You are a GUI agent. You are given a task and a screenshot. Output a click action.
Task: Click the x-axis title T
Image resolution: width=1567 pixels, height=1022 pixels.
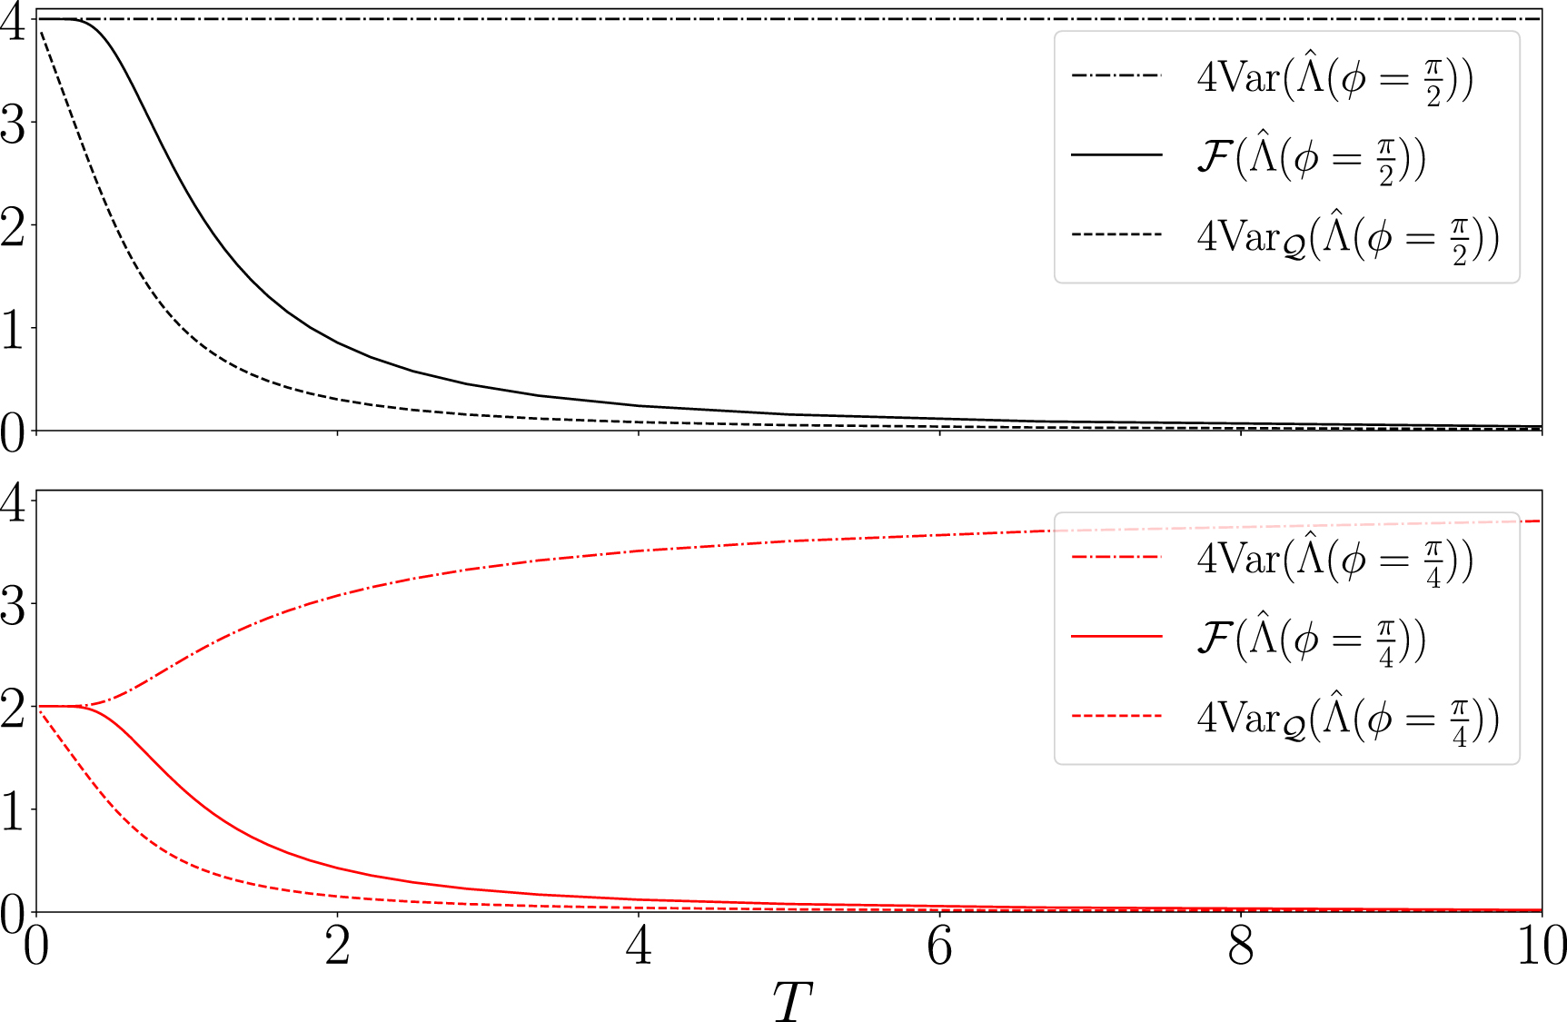pyautogui.click(x=792, y=1001)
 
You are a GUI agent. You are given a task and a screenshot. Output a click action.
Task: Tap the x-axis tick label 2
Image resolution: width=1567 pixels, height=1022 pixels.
pyautogui.click(x=338, y=947)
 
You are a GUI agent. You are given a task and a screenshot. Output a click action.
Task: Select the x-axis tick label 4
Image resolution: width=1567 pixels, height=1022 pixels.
pyautogui.click(x=640, y=947)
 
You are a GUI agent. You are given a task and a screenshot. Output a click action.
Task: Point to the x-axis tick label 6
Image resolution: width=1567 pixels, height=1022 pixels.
pyautogui.click(x=940, y=947)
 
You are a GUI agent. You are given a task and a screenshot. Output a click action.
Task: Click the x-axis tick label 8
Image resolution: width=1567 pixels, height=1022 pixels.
pyautogui.click(x=1241, y=947)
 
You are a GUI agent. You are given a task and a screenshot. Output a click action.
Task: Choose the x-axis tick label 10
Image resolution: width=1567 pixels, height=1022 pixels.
pyautogui.click(x=1541, y=947)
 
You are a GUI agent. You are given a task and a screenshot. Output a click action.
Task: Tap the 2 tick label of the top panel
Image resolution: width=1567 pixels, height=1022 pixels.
pyautogui.click(x=14, y=226)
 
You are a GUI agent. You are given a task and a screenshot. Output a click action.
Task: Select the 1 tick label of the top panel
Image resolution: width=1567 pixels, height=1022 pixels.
pyautogui.click(x=14, y=330)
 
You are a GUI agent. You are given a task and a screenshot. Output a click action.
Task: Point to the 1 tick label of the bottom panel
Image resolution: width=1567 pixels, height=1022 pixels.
pyautogui.click(x=14, y=811)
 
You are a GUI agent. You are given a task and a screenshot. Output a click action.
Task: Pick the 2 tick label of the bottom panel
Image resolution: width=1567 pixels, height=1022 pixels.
pyautogui.click(x=14, y=708)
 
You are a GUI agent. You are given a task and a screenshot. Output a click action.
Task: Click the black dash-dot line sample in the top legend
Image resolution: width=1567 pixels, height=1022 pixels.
pyautogui.click(x=1116, y=75)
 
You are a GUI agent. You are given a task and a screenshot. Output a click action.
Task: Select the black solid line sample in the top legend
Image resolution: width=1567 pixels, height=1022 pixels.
pyautogui.click(x=1116, y=155)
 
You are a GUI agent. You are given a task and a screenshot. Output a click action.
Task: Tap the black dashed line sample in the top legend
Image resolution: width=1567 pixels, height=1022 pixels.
pyautogui.click(x=1116, y=235)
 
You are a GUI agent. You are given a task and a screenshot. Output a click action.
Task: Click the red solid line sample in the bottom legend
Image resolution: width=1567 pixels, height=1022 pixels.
pyautogui.click(x=1116, y=637)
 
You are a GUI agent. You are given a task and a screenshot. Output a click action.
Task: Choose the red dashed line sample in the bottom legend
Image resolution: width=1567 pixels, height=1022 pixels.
pyautogui.click(x=1116, y=717)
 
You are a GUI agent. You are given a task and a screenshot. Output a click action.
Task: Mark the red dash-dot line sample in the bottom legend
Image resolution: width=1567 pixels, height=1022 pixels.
pyautogui.click(x=1116, y=557)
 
